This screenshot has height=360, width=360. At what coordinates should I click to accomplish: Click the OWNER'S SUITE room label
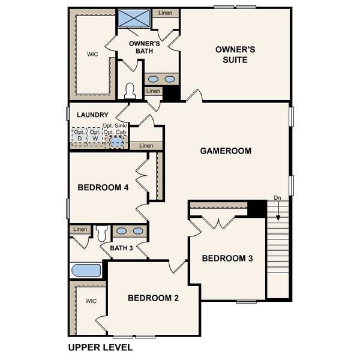coord(235,55)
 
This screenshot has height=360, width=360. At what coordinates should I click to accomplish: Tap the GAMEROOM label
coord(226,151)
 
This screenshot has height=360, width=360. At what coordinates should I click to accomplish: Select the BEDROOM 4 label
coord(103,187)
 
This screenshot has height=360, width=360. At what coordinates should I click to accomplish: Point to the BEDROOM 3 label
coord(227,259)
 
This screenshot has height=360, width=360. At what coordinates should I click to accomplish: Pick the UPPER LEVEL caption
coord(100,347)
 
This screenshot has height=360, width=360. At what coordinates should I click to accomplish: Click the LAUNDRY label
coord(92,115)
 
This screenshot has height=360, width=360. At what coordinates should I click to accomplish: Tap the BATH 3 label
coord(122,248)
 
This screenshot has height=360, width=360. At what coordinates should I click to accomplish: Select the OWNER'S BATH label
coord(145,47)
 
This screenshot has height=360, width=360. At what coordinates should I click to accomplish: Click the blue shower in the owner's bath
coord(133,18)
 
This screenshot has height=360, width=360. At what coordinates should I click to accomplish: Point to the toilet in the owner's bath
coord(130,90)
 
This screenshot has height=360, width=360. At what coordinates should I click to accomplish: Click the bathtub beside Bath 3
coord(85,270)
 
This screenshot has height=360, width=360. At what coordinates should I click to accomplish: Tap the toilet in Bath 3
coord(101,232)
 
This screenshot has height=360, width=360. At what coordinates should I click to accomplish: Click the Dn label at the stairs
coord(277,197)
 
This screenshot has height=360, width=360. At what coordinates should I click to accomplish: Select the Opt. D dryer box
coord(79,134)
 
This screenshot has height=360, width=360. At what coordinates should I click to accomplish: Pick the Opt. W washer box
coord(95,134)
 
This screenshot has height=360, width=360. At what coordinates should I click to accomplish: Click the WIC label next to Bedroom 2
coord(91,301)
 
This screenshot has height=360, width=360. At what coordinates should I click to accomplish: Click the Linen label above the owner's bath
coord(165,12)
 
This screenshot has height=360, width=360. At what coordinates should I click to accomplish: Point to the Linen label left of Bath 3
coord(80,229)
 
